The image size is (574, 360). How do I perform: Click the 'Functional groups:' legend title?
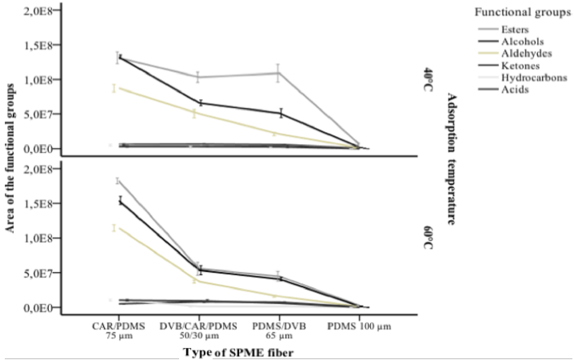(x=520, y=13)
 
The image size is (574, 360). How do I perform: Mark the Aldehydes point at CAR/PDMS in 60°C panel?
(x=114, y=228)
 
